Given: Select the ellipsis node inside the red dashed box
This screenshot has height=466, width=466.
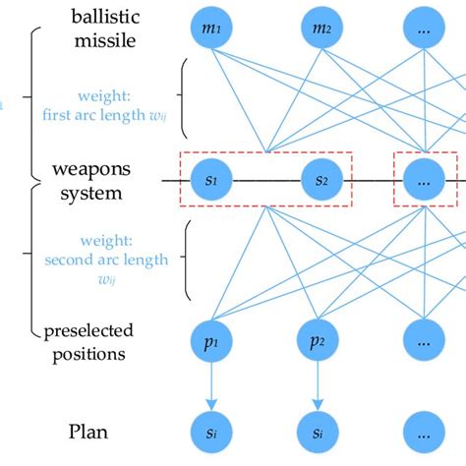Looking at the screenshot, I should pyautogui.click(x=424, y=180).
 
